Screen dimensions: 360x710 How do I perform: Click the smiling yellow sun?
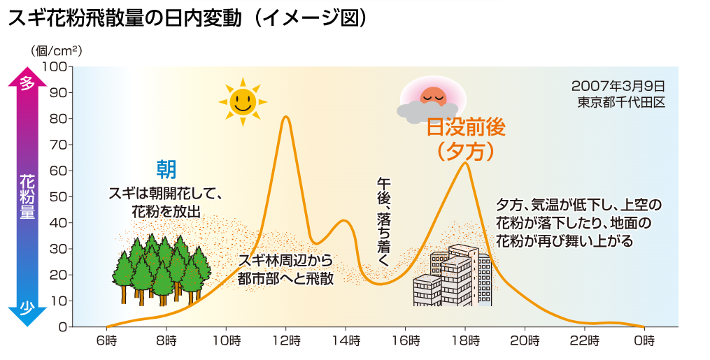pyautogui.click(x=243, y=101)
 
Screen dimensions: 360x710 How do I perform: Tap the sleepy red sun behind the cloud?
pyautogui.click(x=432, y=97)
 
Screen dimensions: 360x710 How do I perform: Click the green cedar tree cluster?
pyautogui.click(x=162, y=270)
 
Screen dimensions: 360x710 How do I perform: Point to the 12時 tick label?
pyautogui.click(x=286, y=341)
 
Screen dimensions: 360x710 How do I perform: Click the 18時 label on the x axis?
pyautogui.click(x=465, y=341)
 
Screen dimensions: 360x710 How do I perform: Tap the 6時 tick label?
pyautogui.click(x=107, y=341)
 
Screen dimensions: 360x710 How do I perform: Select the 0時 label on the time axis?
pyautogui.click(x=644, y=341)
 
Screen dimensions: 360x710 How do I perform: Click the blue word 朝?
pyautogui.click(x=166, y=168)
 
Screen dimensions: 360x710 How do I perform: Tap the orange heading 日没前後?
pyautogui.click(x=466, y=127)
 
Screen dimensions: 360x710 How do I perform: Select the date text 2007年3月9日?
pyautogui.click(x=618, y=86)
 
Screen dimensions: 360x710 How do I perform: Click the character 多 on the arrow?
pyautogui.click(x=27, y=84)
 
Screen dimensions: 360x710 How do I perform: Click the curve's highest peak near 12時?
pyautogui.click(x=286, y=117)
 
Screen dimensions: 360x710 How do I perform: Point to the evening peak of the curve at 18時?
pyautogui.click(x=464, y=163)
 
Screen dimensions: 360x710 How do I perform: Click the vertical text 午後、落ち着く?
pyautogui.click(x=383, y=222)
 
